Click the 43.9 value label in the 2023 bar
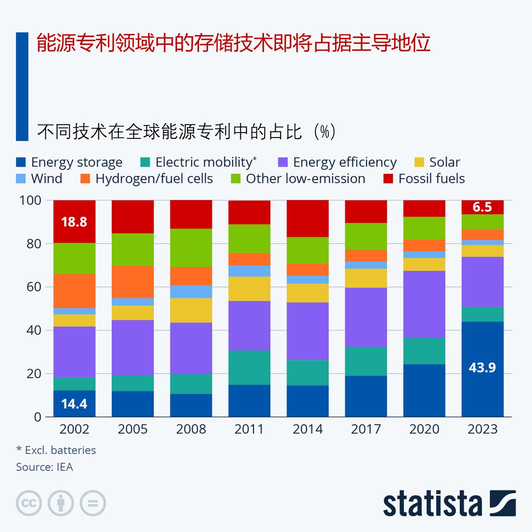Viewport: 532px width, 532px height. pos(482,368)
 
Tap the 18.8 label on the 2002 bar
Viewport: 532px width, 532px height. pos(74,222)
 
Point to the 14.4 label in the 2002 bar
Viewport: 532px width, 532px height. pos(74,404)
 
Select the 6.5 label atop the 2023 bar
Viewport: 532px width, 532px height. pos(482,207)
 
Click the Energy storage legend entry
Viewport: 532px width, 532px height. pos(69,162)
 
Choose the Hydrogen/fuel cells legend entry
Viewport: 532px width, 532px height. pos(146,179)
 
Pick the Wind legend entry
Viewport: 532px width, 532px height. pos(39,179)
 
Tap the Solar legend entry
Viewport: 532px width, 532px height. pos(437,162)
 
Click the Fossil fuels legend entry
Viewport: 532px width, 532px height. pos(424,179)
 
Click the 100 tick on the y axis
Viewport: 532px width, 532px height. pos(30,200)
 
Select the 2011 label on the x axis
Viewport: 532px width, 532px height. pos(249,429)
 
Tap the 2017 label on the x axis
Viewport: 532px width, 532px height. pos(366,429)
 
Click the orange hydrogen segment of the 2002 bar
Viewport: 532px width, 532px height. pos(74,291)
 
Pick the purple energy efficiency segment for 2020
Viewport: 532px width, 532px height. pos(424,304)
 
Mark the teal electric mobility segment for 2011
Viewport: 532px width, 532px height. pos(249,367)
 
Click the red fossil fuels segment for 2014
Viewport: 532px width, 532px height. pos(308,219)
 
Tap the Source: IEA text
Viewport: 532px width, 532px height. pos(44,467)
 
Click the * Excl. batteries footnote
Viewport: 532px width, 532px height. pos(56,450)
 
